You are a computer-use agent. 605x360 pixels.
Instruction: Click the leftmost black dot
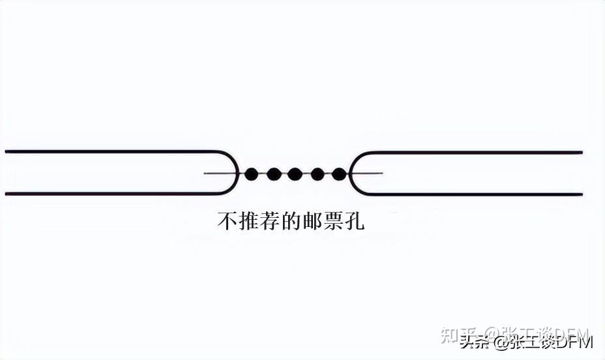click(x=252, y=173)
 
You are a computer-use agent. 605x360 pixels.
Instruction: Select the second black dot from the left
click(x=274, y=173)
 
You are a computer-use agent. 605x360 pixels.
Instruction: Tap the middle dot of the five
click(x=295, y=173)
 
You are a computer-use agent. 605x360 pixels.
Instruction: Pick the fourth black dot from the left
click(x=317, y=173)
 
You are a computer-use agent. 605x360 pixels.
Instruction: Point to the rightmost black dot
click(x=339, y=173)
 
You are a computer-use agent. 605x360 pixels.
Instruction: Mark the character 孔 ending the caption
click(x=353, y=221)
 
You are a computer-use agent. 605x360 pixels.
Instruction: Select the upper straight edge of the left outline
click(x=111, y=151)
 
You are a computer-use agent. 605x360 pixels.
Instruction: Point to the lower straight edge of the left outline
click(x=111, y=194)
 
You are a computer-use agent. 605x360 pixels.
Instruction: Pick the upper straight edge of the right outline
click(x=469, y=152)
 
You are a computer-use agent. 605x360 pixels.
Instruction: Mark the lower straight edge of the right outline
click(x=469, y=194)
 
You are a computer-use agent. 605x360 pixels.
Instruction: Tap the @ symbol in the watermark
click(x=501, y=342)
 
